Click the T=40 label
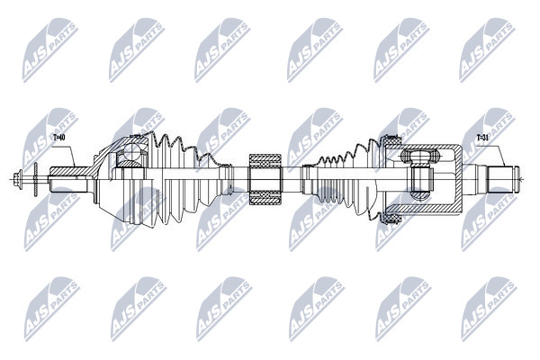pos(59,138)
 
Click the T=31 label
pos(482,138)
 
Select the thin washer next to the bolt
pos(35,179)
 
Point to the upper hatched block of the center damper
pos(265,161)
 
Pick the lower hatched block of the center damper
pos(265,198)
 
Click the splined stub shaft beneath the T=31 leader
pos(499,179)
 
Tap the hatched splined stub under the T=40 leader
pos(69,171)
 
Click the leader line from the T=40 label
pos(67,151)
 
